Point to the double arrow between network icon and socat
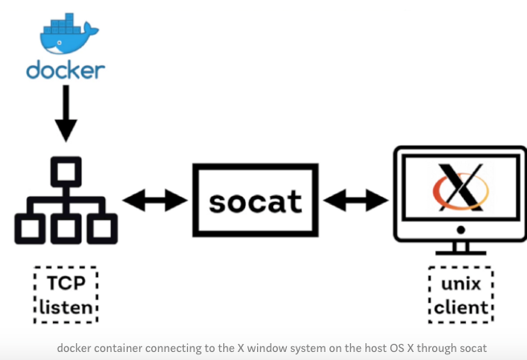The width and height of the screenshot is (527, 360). tap(154, 200)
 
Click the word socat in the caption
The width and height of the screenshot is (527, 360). tap(472, 349)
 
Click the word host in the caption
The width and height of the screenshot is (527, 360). tap(353, 349)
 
